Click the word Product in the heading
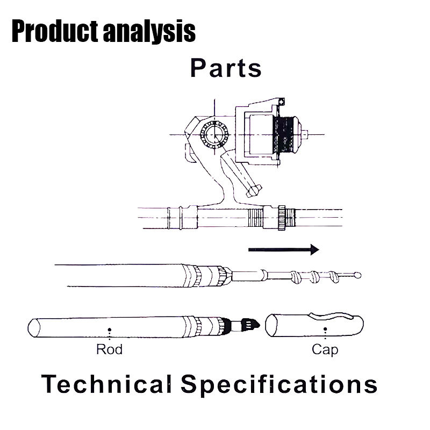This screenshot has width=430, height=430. [55, 32]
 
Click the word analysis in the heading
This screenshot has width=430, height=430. [149, 32]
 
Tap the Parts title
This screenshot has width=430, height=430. [226, 68]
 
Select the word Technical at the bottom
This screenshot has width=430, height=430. [106, 384]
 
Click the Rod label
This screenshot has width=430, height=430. [109, 349]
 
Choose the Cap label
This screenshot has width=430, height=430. [325, 350]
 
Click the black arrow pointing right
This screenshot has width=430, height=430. [284, 249]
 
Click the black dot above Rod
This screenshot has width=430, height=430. [110, 329]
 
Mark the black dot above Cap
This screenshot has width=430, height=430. [325, 329]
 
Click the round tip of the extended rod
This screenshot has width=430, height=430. [357, 275]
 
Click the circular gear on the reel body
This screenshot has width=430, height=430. [214, 134]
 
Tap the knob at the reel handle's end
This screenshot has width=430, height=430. [254, 191]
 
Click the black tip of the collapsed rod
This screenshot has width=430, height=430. [250, 325]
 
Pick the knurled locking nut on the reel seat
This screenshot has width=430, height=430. [282, 218]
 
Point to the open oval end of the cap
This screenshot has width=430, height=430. [271, 326]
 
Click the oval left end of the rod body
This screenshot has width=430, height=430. [34, 328]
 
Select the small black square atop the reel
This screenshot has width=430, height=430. [281, 102]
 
